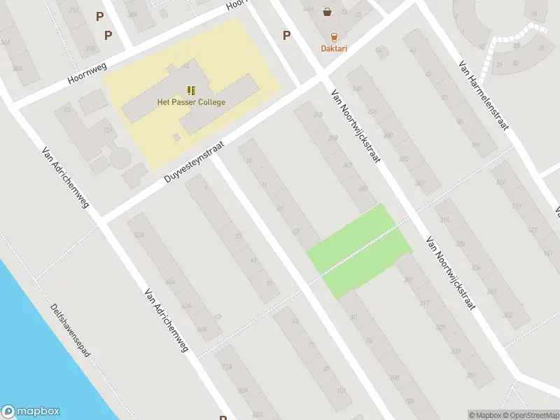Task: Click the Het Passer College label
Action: click(x=191, y=102)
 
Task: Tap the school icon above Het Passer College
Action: click(x=191, y=90)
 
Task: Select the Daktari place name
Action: click(x=334, y=48)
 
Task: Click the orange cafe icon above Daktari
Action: click(x=334, y=36)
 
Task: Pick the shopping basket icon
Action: click(x=327, y=11)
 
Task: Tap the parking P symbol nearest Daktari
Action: click(x=286, y=36)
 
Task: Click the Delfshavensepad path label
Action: click(x=71, y=330)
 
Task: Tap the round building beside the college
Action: click(x=120, y=157)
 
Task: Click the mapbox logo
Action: click(x=31, y=412)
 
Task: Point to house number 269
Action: click(x=347, y=165)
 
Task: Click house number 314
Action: click(x=444, y=220)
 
